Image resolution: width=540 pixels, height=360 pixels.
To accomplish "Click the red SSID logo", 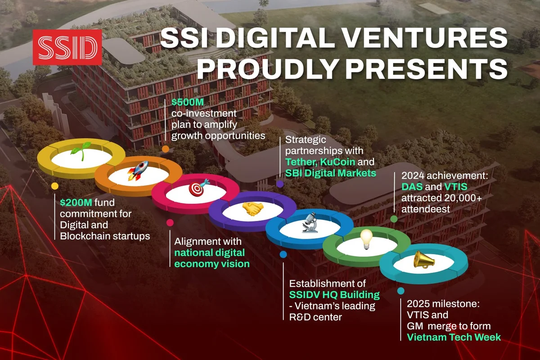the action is point(67,47).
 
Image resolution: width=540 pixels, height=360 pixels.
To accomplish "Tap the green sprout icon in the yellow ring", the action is point(81,151).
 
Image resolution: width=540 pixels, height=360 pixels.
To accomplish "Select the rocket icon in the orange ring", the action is point(138,171).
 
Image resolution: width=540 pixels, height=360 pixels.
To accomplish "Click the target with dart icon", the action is point(198,187).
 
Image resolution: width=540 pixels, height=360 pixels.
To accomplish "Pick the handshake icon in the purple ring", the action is point(252,208).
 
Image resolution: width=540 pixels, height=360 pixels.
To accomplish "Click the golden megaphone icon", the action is point(424,260).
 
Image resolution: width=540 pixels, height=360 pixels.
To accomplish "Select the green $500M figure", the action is point(188,102).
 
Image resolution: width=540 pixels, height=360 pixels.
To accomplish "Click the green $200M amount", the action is point(76,202).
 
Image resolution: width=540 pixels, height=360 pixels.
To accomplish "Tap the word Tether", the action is point(301,162).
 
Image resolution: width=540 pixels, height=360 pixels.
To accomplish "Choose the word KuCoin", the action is point(337,162).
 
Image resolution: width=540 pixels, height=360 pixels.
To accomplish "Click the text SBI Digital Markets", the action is point(330,173).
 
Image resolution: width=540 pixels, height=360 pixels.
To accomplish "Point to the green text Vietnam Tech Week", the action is point(454,337).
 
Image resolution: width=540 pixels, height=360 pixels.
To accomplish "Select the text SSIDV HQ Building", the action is point(334,295).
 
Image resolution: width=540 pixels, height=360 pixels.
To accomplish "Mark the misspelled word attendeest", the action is point(426,209).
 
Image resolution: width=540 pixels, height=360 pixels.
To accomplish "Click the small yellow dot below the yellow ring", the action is point(55,186).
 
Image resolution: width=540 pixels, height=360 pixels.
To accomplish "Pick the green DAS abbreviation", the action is point(412,187).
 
